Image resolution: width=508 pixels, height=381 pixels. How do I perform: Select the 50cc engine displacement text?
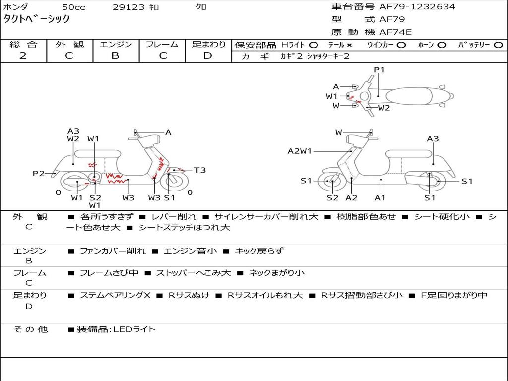[x=73, y=7]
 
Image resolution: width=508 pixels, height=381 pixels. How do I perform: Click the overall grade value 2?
[x=23, y=56]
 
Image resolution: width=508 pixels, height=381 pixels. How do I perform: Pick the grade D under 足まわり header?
[x=208, y=56]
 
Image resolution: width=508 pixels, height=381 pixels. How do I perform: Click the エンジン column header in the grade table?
[x=116, y=44]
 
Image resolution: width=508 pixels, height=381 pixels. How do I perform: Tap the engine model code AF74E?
[x=395, y=33]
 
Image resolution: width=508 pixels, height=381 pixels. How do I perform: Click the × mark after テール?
[x=349, y=45]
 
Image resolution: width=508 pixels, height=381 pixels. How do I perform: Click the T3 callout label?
[x=200, y=170]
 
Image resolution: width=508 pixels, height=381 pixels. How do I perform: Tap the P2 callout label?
[x=38, y=173]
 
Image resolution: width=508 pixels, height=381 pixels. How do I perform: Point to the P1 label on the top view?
[x=380, y=70]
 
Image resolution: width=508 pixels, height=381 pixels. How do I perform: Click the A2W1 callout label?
[x=300, y=151]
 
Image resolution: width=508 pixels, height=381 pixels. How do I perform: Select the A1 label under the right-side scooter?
[x=380, y=198]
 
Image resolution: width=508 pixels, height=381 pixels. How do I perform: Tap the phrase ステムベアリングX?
[x=115, y=295]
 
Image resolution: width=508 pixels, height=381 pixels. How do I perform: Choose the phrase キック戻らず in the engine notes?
[x=259, y=251]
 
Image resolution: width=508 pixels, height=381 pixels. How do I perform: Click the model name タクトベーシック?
[x=37, y=19]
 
